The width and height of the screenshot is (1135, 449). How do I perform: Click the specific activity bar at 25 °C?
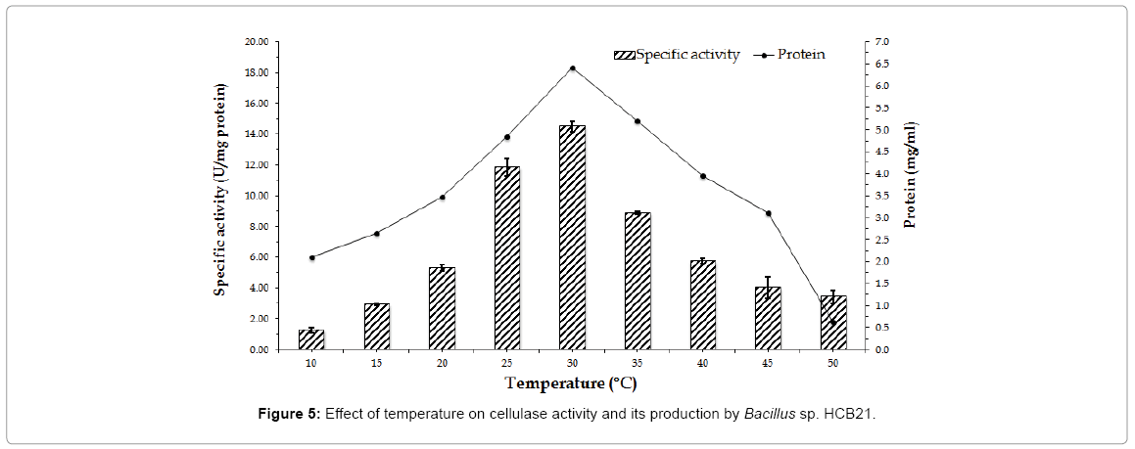507,257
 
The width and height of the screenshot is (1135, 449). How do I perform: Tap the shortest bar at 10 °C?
311,339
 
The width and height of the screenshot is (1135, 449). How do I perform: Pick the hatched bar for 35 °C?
638,281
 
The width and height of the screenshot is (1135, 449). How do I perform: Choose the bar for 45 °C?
768,318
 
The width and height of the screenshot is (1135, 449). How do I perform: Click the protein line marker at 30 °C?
572,68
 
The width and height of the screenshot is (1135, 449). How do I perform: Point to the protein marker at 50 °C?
833,323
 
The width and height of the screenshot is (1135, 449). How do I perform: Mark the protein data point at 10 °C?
311,257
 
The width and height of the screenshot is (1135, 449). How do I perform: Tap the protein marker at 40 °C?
703,176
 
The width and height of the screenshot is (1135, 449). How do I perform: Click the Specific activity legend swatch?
624,55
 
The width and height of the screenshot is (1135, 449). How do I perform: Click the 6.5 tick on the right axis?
881,64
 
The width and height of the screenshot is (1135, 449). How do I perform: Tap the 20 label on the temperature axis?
442,364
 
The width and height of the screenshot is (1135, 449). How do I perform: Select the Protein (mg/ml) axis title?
911,174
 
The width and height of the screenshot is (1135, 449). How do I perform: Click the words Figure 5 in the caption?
286,414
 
